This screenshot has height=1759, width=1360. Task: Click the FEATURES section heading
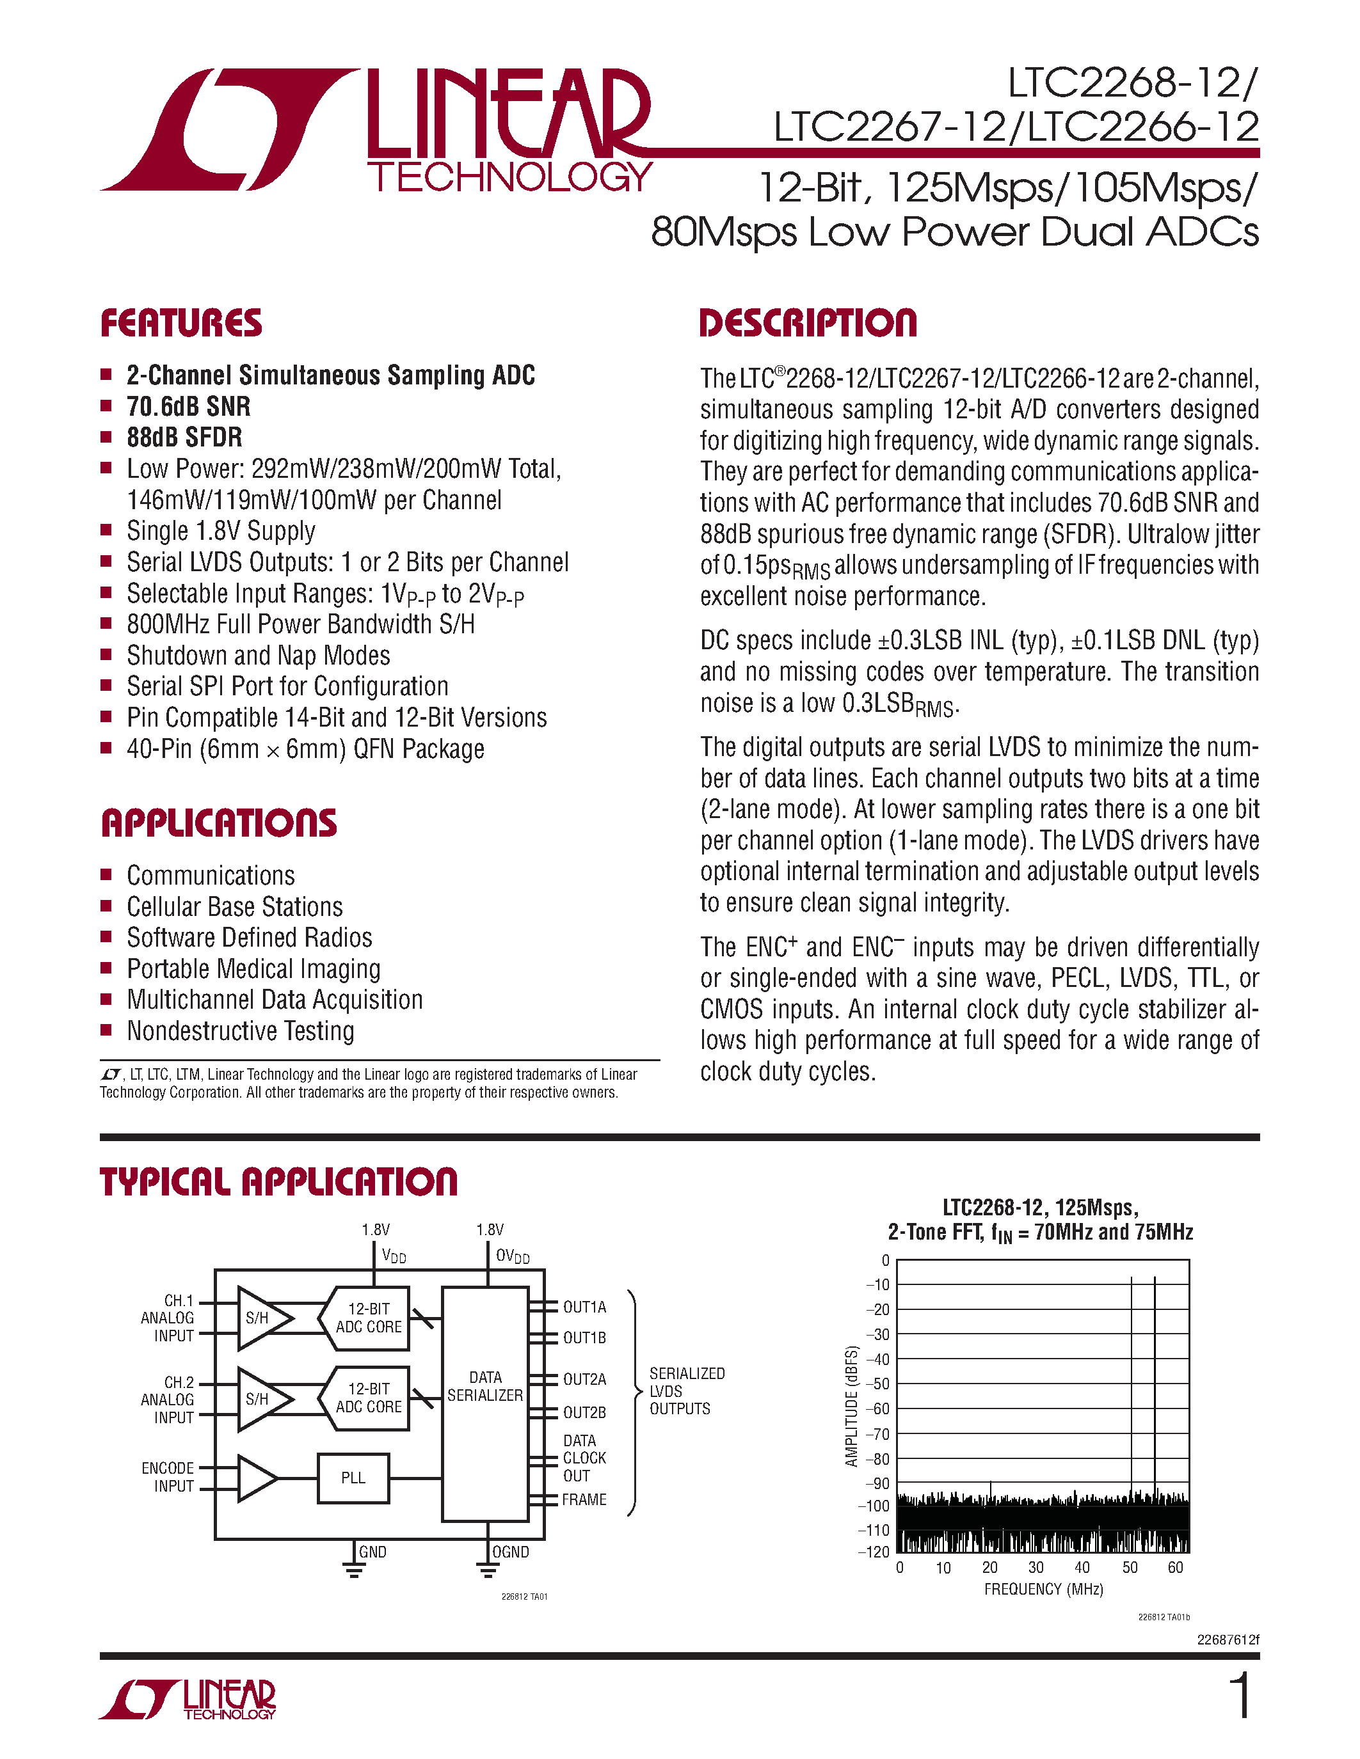(x=181, y=323)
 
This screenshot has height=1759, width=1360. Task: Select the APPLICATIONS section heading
(x=219, y=823)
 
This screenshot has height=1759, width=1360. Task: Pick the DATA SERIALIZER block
(x=485, y=1386)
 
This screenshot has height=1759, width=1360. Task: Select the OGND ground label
(x=510, y=1552)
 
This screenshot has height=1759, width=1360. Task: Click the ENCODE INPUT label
(x=168, y=1477)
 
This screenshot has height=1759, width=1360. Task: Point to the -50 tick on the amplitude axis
(x=881, y=1384)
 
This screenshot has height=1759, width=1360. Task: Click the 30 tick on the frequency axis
(x=1036, y=1567)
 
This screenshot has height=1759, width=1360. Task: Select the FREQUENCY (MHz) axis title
(x=1043, y=1589)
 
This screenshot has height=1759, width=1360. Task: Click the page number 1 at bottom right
(x=1241, y=1696)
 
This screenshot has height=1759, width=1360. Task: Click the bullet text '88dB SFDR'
(x=184, y=438)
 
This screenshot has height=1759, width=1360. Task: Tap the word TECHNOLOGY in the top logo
(x=509, y=177)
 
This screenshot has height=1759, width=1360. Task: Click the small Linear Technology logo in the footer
(x=188, y=1700)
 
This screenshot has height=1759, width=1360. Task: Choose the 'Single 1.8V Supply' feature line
(x=221, y=531)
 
